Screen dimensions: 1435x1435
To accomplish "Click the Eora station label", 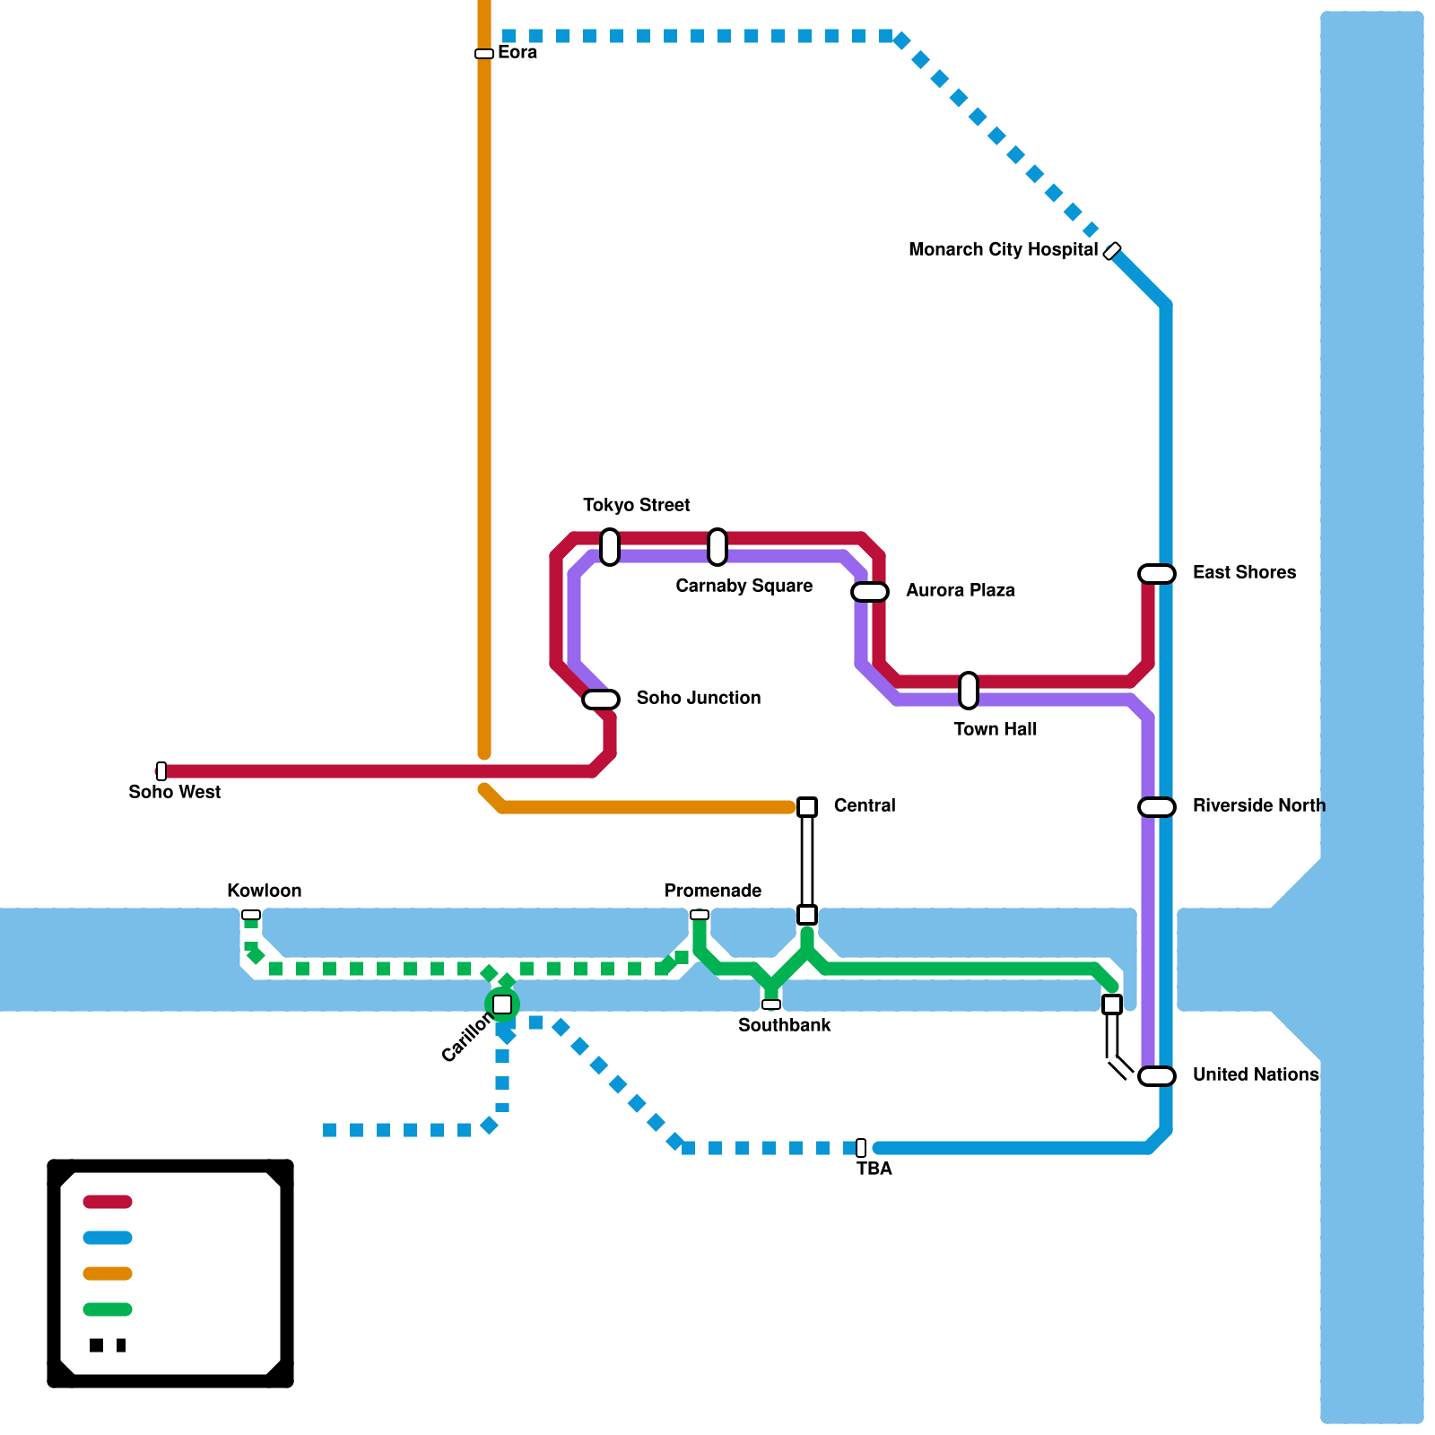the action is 517,52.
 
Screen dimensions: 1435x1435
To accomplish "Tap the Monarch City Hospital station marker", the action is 1112,251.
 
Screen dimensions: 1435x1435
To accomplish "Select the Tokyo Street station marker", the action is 610,547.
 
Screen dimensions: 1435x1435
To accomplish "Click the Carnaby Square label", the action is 744,586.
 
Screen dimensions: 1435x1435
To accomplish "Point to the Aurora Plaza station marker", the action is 870,592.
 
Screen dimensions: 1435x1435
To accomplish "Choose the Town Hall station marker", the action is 969,691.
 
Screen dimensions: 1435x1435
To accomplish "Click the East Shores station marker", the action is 1157,574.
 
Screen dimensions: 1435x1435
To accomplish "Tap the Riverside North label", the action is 1258,805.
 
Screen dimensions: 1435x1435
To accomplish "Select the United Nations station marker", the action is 1157,1076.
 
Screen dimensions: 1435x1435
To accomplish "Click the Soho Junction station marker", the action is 601,700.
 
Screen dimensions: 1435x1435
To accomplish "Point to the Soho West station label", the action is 174,792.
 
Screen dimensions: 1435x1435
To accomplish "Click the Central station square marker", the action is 807,807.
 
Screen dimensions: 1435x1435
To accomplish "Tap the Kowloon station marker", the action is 251,915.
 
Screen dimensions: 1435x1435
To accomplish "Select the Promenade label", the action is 712,891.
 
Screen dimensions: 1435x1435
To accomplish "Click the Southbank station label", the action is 784,1025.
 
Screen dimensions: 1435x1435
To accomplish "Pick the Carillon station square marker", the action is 502,1004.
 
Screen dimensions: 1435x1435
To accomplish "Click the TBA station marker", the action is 861,1148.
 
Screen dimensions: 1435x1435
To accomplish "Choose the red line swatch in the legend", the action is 108,1202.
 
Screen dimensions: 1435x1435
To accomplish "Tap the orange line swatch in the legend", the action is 108,1274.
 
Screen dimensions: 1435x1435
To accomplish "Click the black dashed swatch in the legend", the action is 108,1345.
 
